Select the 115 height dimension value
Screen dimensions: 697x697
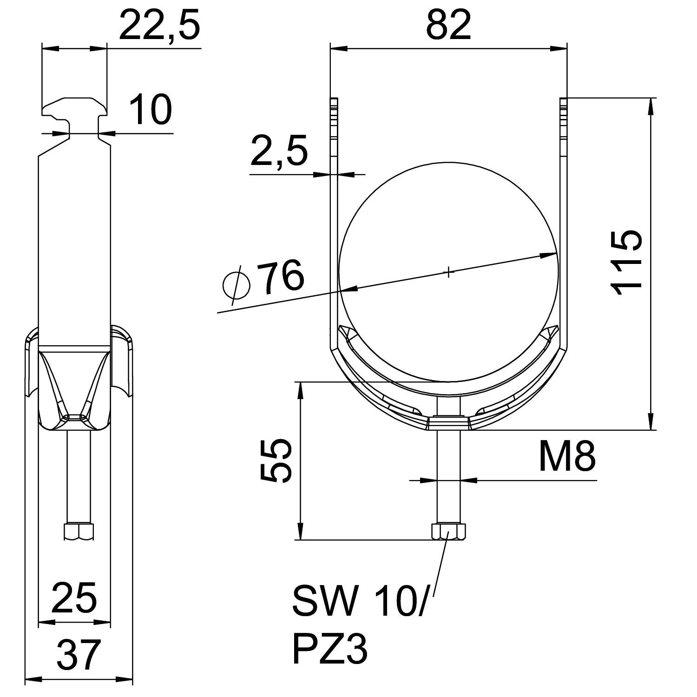[x=627, y=263]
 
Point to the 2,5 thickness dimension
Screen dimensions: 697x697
[x=279, y=152]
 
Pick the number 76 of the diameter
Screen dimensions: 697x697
[x=281, y=277]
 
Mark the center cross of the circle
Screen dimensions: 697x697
[x=448, y=272]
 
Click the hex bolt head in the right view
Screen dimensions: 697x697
[x=448, y=531]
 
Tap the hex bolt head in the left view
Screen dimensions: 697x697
[x=79, y=531]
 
